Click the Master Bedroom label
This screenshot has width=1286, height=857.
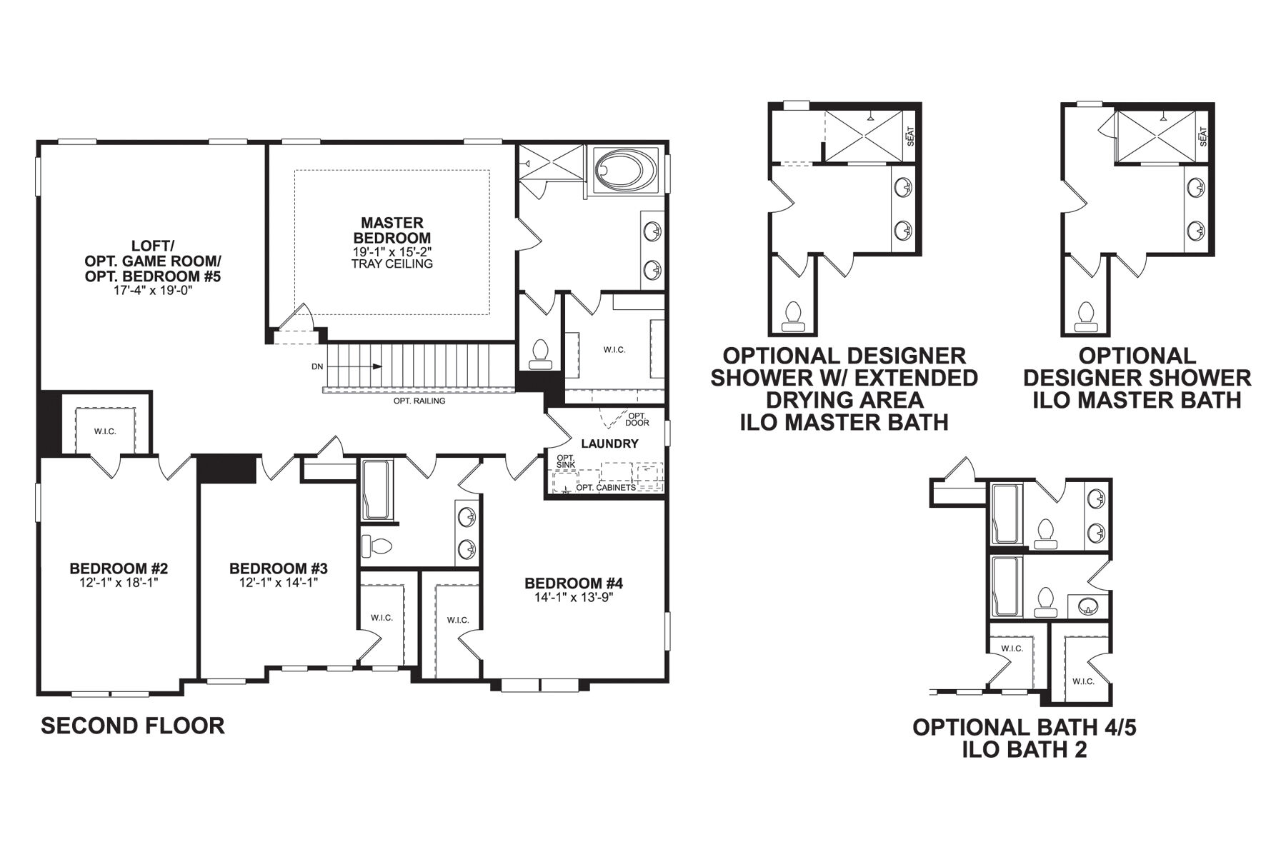pyautogui.click(x=392, y=230)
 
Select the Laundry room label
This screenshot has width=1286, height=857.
pyautogui.click(x=609, y=443)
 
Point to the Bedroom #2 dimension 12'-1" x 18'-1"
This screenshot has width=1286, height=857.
pyautogui.click(x=119, y=582)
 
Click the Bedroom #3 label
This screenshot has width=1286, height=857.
pyautogui.click(x=279, y=568)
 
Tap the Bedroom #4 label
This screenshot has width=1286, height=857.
pyautogui.click(x=574, y=583)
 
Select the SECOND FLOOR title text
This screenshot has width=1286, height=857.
pyautogui.click(x=133, y=726)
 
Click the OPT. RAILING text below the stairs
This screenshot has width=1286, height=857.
pyautogui.click(x=419, y=401)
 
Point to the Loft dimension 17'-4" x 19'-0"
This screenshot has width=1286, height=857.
pyautogui.click(x=153, y=291)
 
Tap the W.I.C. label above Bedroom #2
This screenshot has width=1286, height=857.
pyautogui.click(x=105, y=431)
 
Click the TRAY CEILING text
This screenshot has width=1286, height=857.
pyautogui.click(x=392, y=264)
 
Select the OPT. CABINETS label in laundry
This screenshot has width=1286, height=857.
pyautogui.click(x=606, y=488)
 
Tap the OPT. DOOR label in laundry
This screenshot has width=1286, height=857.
pyautogui.click(x=637, y=419)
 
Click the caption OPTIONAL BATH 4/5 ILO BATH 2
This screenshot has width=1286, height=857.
pyautogui.click(x=1024, y=738)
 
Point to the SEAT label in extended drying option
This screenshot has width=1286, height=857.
pyautogui.click(x=911, y=136)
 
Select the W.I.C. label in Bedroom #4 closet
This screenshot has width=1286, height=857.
pyautogui.click(x=457, y=620)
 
